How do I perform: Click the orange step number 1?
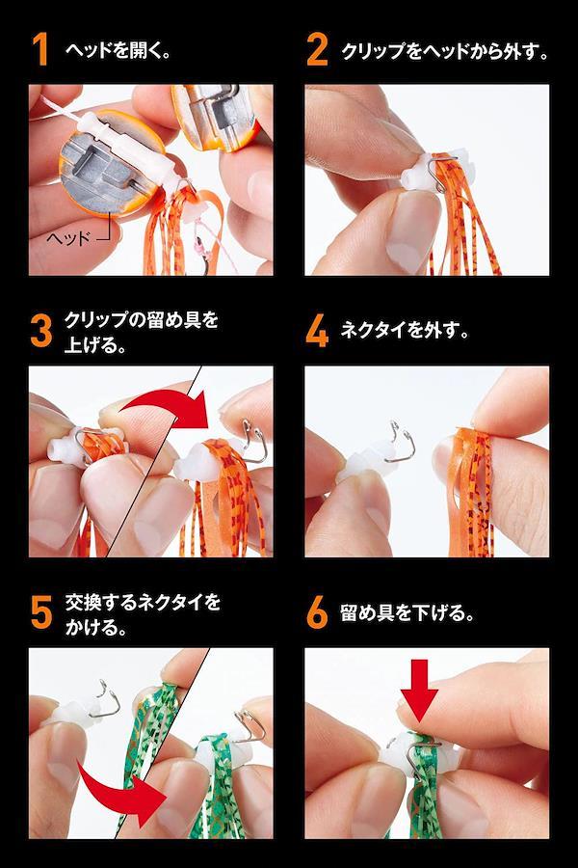(39, 50)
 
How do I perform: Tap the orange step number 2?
(316, 50)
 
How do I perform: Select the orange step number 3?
(40, 331)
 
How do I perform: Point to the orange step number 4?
(317, 331)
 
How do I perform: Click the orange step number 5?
(41, 612)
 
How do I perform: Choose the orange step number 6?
(317, 612)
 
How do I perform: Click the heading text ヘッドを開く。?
(118, 50)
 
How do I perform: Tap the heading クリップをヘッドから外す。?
(445, 51)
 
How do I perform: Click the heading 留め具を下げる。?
(407, 612)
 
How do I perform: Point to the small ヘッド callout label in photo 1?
(68, 238)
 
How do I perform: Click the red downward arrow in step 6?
(419, 690)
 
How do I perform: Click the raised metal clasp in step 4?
(400, 443)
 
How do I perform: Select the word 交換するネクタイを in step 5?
(143, 602)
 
